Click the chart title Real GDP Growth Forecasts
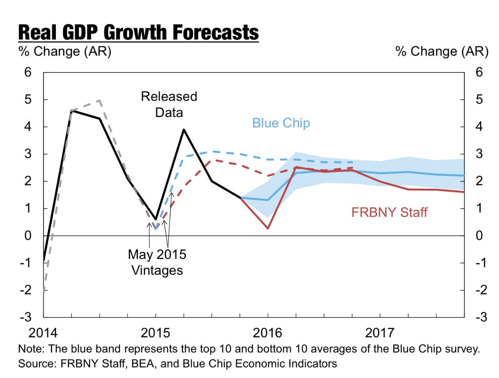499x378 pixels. point(138,33)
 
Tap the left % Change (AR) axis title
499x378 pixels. point(65,51)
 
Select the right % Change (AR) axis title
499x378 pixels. point(442,51)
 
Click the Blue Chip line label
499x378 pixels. point(281,123)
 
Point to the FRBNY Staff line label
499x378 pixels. point(389,212)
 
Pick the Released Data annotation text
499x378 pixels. point(169,104)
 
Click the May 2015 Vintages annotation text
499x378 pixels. point(157,262)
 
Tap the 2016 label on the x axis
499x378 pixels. point(267,333)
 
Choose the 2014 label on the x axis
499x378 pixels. point(43,333)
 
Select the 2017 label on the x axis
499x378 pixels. point(380,333)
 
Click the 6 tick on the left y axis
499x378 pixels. point(28,72)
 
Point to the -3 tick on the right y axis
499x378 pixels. point(481,317)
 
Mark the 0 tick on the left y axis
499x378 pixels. point(28,236)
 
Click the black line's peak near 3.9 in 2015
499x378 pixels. point(184,129)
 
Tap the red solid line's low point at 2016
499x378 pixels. point(268,228)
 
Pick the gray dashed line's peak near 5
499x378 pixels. point(100,100)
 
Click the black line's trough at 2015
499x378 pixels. point(156,219)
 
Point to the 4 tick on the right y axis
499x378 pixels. point(479,127)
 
